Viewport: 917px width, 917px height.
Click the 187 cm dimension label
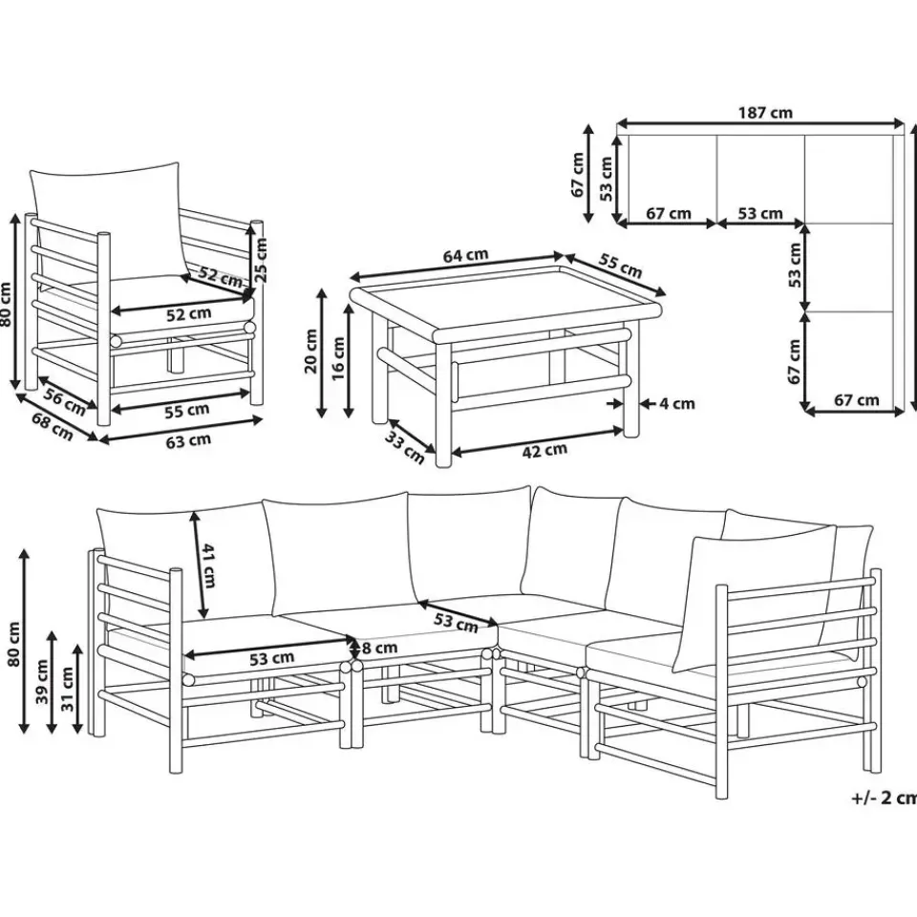click(765, 112)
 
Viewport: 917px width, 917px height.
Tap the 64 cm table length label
click(465, 256)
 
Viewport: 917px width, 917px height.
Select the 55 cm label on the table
click(621, 267)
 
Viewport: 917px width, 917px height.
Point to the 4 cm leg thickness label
click(676, 403)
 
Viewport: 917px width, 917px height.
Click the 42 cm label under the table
click(544, 450)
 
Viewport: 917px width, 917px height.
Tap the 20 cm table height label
click(310, 351)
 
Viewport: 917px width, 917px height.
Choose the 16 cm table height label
click(338, 359)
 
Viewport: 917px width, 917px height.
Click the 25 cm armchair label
click(261, 260)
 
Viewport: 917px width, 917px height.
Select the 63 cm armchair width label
click(188, 440)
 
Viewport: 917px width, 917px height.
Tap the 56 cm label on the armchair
click(65, 402)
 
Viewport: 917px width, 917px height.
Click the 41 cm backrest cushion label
click(208, 565)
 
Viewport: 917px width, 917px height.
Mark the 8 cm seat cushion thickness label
click(379, 648)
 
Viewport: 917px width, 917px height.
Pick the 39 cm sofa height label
click(41, 681)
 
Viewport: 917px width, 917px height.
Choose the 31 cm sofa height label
click(67, 689)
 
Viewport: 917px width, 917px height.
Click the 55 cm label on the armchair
click(186, 411)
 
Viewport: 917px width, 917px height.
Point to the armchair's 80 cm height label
click(6, 304)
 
